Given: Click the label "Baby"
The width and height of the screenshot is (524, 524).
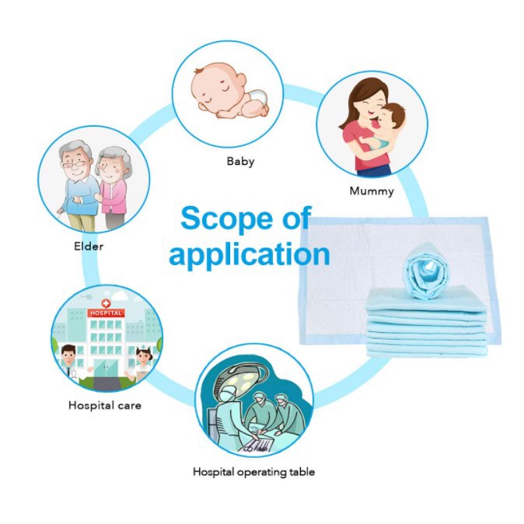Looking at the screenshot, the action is point(240,162).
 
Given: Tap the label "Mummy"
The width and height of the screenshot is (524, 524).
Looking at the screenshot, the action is point(371,191).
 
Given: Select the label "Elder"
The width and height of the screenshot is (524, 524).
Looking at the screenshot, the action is point(89,246).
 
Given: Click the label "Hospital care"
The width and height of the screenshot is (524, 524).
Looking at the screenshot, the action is point(105,405).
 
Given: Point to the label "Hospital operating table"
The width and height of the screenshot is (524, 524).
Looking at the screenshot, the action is point(253,472).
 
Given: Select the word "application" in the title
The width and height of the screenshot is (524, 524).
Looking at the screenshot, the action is point(249,254).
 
